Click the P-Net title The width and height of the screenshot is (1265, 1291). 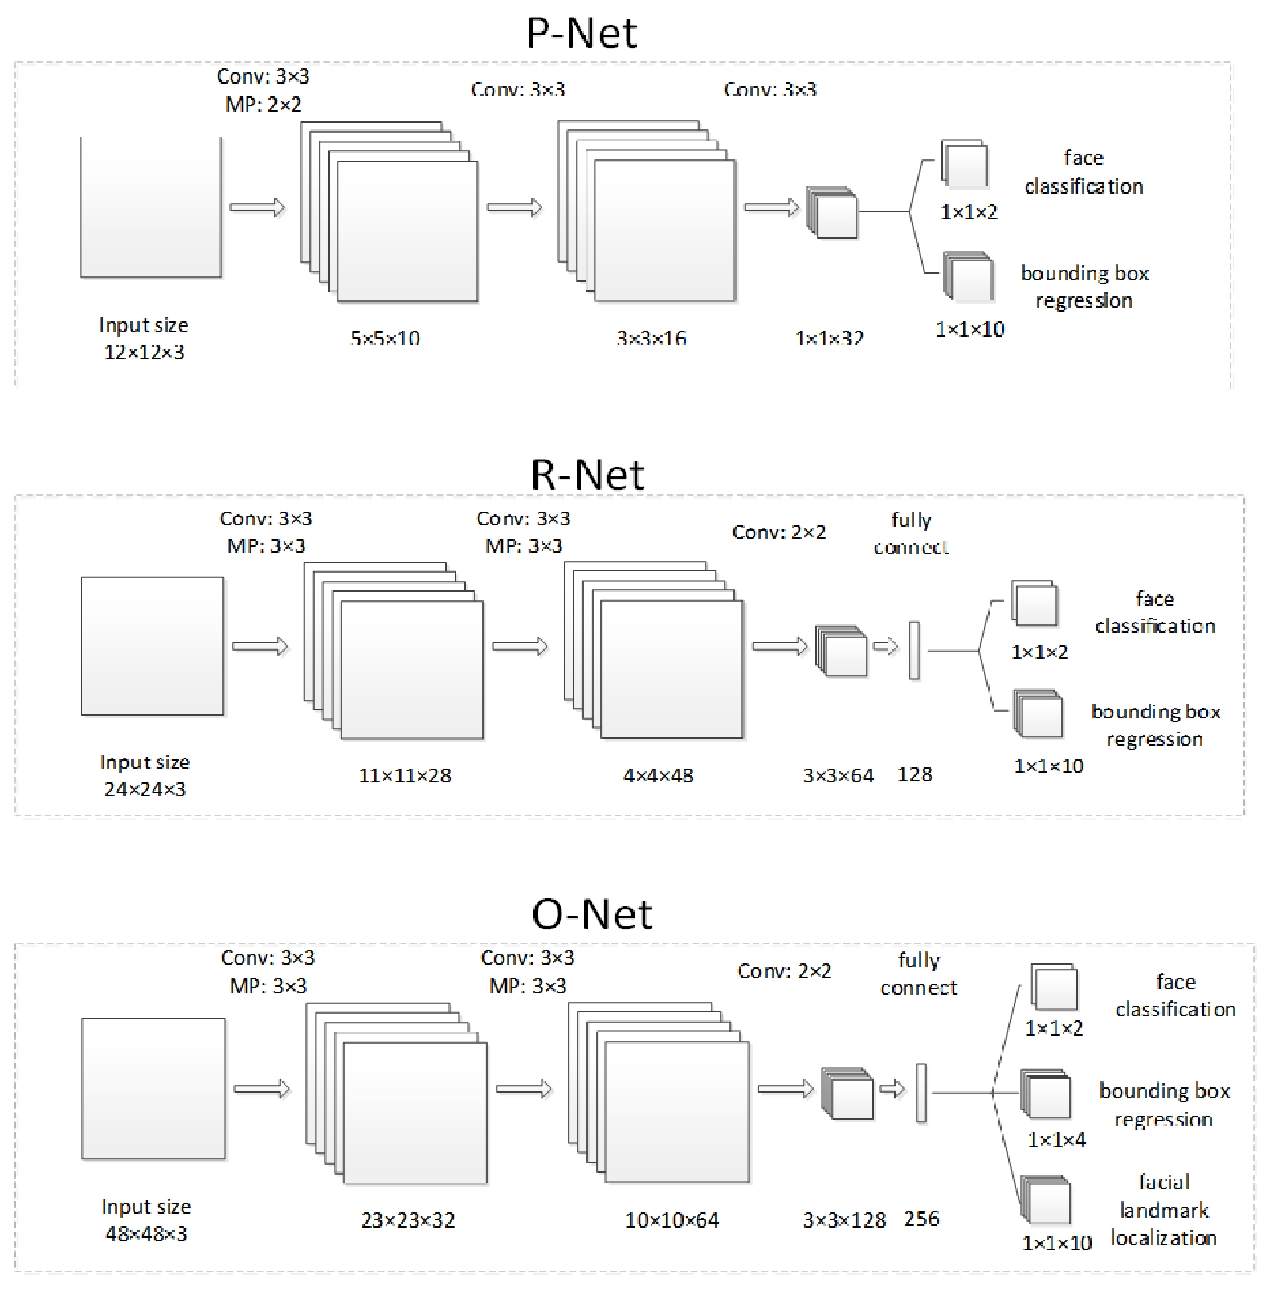[581, 34]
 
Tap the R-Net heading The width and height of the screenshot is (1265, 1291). [587, 475]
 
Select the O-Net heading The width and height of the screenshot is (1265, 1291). [592, 914]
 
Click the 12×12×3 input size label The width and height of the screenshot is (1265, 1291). [145, 352]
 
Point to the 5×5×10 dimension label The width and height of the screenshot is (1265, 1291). [385, 338]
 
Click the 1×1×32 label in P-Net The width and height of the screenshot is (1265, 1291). [829, 338]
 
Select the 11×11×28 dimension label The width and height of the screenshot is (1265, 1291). [405, 775]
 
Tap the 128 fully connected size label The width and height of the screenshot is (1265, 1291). [914, 774]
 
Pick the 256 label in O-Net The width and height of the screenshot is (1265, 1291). [921, 1219]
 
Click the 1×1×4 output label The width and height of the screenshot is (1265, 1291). [1056, 1139]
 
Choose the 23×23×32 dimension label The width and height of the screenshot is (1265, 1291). [408, 1220]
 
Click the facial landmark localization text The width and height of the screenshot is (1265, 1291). [1164, 1210]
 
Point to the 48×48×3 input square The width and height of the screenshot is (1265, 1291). [153, 1089]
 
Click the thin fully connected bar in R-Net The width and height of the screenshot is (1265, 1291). [914, 651]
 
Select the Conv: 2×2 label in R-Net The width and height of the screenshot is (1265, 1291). [778, 532]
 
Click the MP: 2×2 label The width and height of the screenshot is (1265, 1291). [263, 104]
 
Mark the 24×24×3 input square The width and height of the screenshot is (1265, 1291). [153, 646]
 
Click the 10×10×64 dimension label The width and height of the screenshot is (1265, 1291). [672, 1220]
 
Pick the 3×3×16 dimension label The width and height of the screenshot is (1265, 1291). [651, 338]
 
